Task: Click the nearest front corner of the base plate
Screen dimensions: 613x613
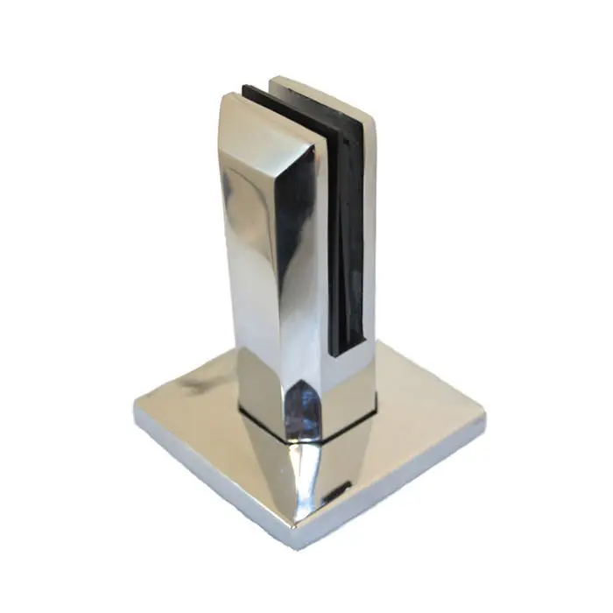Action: point(295,545)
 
